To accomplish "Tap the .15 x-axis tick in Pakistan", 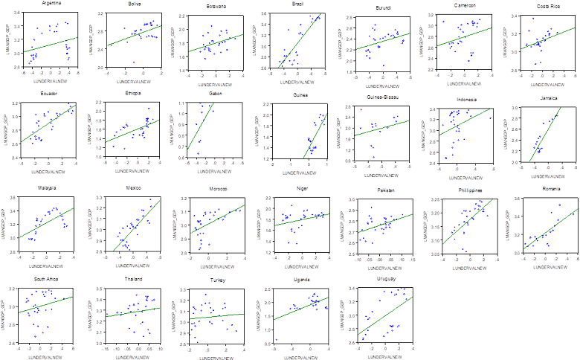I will (x=411, y=259).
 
